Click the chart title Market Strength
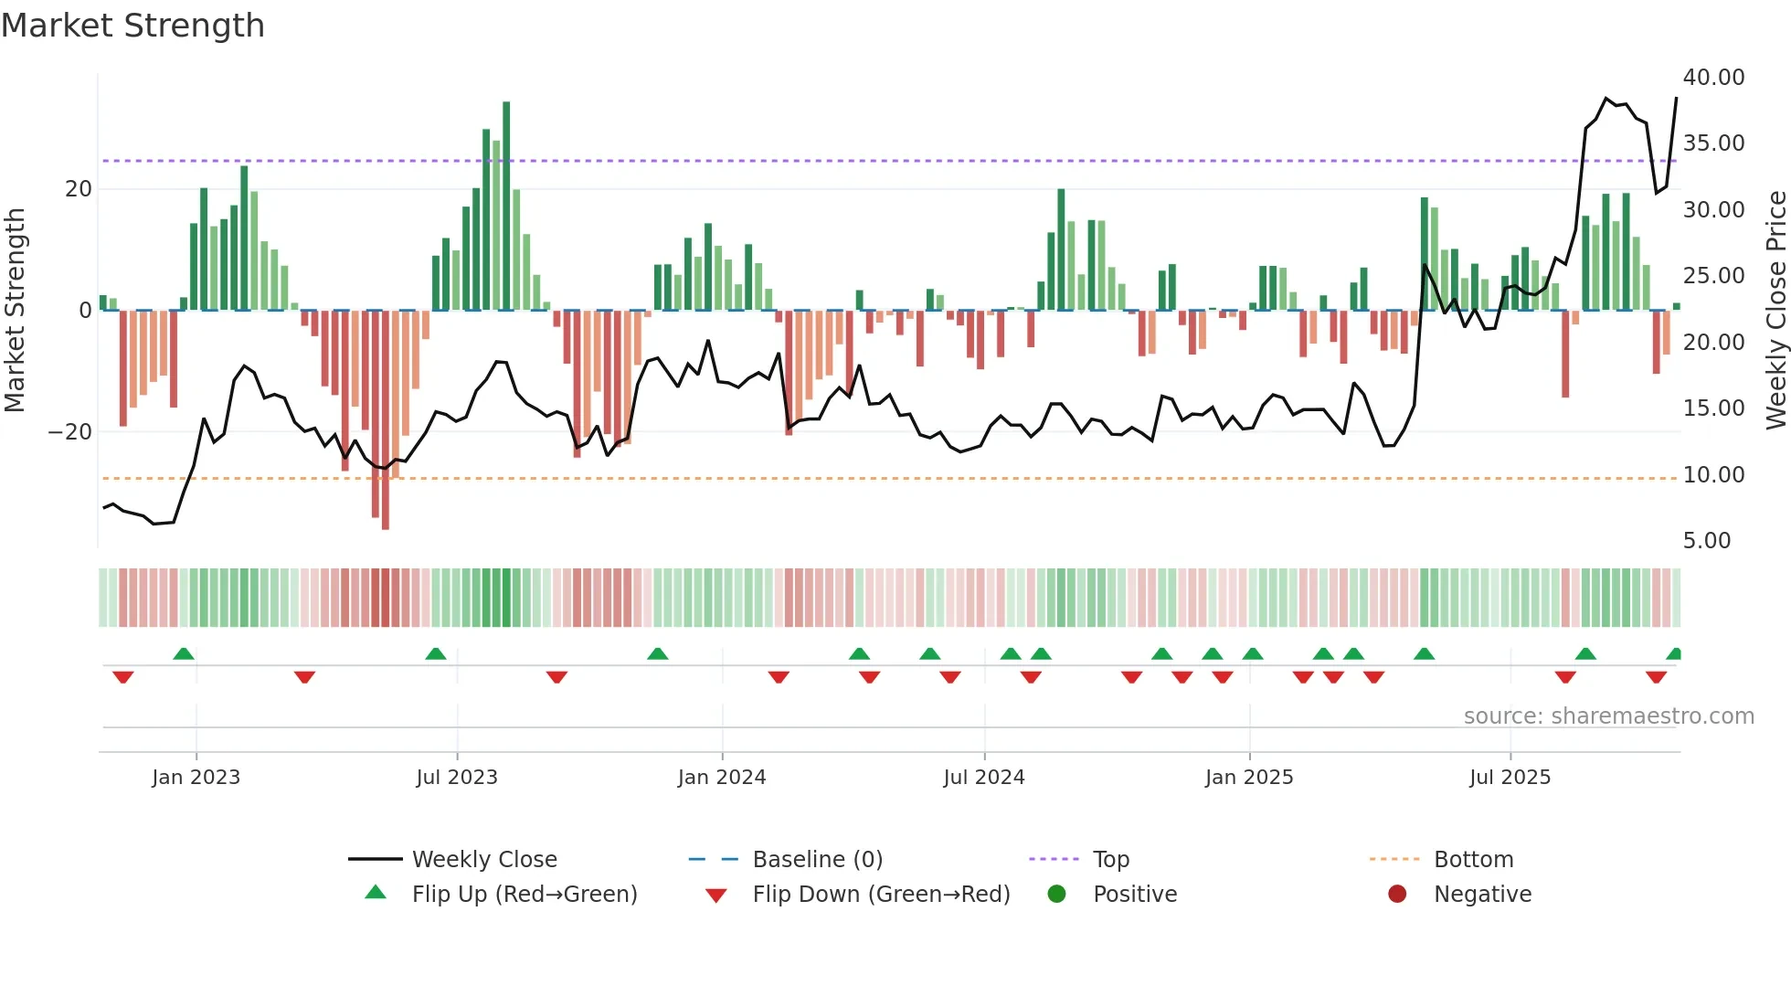132,26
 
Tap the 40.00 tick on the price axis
1713,78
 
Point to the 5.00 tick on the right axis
1706,541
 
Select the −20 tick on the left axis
70,432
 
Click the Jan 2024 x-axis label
721,778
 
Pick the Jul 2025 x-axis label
1510,778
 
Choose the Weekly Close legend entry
483,860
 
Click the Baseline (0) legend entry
817,860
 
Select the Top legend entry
1110,860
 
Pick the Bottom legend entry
1473,860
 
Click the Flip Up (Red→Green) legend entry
524,895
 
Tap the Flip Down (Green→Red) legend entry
881,895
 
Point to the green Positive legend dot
1056,895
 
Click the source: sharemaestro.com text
1608,716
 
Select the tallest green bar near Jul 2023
506,206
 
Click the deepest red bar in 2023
385,420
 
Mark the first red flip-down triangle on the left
123,677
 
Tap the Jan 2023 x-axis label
196,778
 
